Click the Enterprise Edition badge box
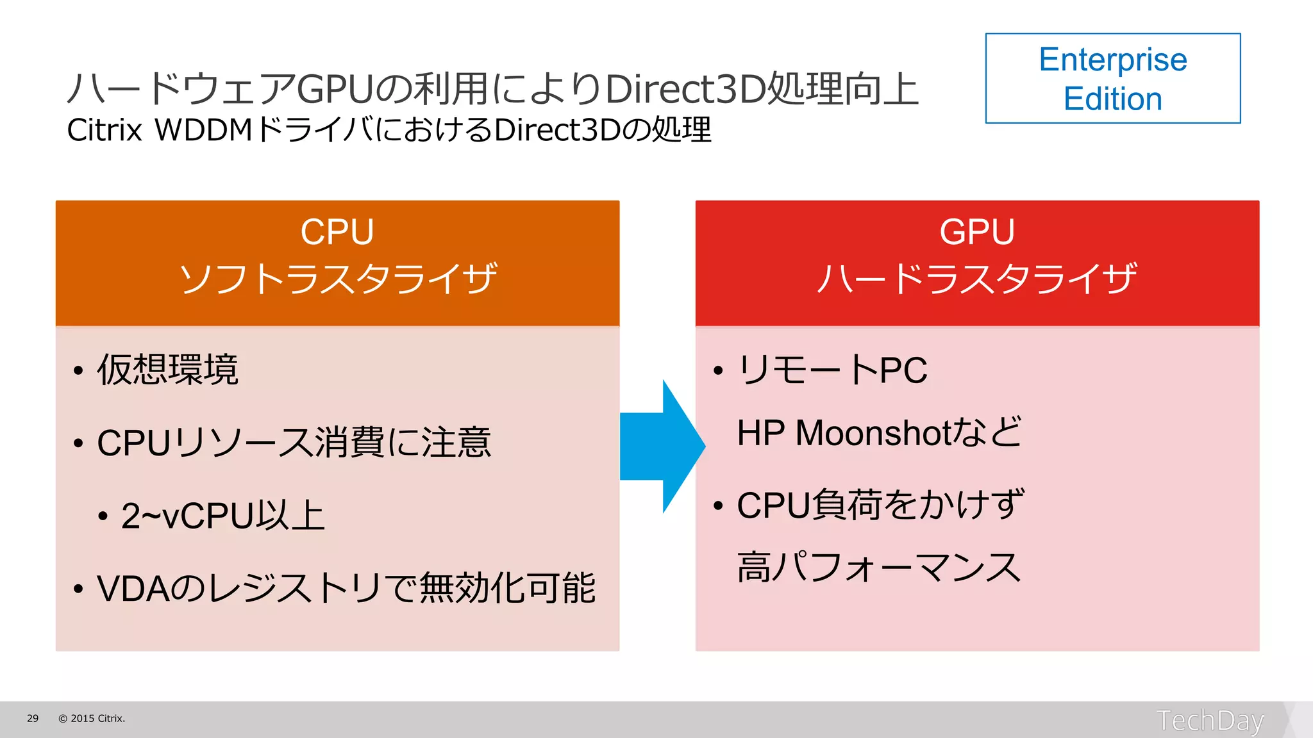1112,78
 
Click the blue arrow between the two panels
660,447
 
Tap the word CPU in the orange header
337,232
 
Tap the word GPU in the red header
977,232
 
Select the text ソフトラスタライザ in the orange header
338,279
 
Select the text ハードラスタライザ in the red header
977,279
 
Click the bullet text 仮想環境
168,370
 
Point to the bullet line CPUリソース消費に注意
294,443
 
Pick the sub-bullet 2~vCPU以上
223,516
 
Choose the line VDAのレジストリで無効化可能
346,588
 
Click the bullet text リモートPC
833,370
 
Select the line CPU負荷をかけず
880,505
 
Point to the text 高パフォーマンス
879,568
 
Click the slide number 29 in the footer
33,719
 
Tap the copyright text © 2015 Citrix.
92,719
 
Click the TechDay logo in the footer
1210,720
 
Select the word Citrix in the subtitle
104,131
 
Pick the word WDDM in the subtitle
204,131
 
